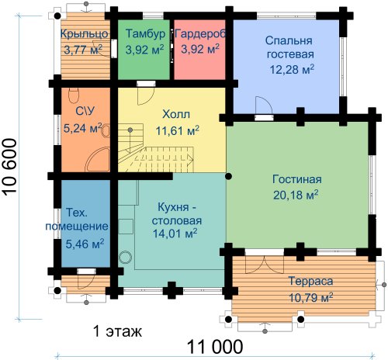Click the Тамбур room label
145,33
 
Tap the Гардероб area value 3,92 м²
200,49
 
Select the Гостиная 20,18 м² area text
296,195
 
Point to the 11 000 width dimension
215,347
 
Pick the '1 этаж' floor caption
117,331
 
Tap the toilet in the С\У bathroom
74,95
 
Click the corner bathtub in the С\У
98,160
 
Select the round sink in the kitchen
126,258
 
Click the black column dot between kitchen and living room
228,176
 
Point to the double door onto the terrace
265,265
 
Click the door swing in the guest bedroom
264,105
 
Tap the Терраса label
310,281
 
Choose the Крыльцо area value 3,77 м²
83,50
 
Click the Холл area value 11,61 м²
177,130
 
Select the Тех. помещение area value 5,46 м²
85,244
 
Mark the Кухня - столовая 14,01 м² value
175,234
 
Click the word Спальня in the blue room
289,40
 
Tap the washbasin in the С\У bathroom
106,131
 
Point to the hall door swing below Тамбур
146,96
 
